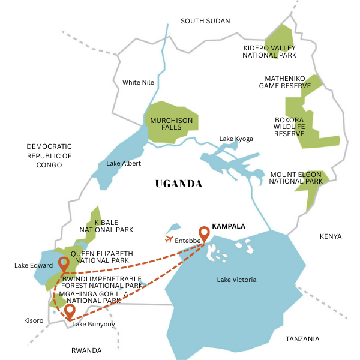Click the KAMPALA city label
(x=229, y=227)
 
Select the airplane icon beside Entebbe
(x=169, y=240)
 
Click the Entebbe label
(x=187, y=241)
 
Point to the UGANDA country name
(x=178, y=184)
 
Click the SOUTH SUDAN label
(x=205, y=21)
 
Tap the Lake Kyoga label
(x=236, y=139)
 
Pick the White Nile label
(x=139, y=82)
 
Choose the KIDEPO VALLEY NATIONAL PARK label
(x=269, y=51)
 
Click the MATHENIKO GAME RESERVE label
(x=285, y=82)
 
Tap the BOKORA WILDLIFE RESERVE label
(x=289, y=126)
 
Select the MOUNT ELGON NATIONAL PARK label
(x=296, y=178)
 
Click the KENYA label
(x=331, y=236)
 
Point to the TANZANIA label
(x=302, y=339)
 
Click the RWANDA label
(x=86, y=350)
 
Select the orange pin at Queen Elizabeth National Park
(x=64, y=265)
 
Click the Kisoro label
(x=34, y=320)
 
